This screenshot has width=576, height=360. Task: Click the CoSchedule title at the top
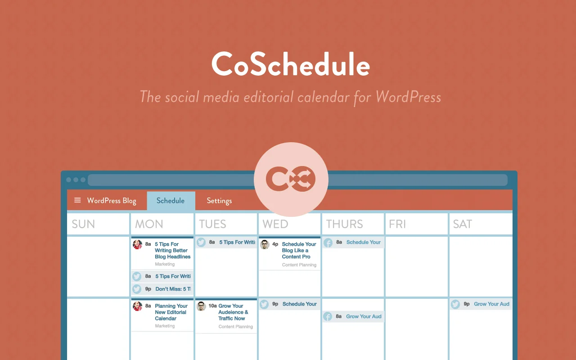(291, 65)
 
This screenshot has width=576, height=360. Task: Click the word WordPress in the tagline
(408, 97)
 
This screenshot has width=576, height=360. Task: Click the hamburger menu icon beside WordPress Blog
(77, 200)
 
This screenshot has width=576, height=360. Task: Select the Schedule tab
(171, 201)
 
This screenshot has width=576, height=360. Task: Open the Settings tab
(219, 201)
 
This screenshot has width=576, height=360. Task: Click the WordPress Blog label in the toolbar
(112, 201)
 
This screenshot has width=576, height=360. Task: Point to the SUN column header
(83, 224)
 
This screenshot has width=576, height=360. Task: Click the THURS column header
(344, 224)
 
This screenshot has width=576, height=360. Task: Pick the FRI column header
(397, 224)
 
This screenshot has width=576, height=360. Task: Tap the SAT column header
(462, 224)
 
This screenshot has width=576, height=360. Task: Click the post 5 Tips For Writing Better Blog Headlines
(172, 251)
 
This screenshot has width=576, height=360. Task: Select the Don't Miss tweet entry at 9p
(173, 289)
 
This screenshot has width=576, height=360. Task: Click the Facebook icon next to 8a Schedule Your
(328, 243)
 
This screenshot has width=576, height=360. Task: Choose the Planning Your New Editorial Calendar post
(171, 312)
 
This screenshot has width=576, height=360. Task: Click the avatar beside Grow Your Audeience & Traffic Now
(201, 306)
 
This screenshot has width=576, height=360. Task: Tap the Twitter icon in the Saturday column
(455, 304)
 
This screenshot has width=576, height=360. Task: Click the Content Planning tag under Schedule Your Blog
(299, 265)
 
